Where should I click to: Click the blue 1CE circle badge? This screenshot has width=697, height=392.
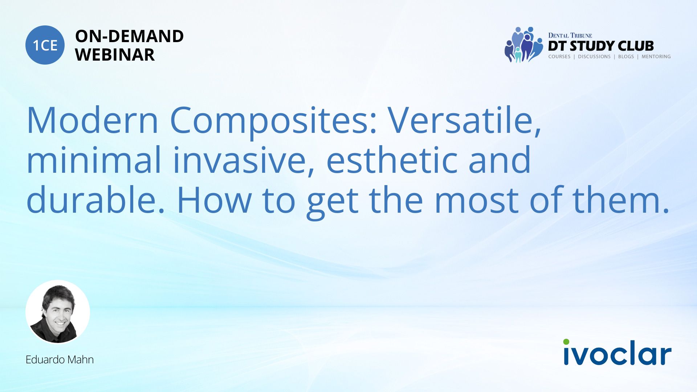point(45,45)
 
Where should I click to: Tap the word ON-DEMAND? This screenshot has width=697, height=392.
point(129,36)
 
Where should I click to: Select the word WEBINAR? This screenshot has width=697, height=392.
point(115,55)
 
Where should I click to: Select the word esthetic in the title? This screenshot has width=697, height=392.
point(392,160)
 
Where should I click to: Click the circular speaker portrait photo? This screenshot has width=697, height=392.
point(58,312)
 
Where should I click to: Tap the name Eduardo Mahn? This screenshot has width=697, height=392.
point(60,360)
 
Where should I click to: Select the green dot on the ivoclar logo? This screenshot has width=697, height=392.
point(566,342)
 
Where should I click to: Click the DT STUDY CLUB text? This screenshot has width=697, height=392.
point(601,46)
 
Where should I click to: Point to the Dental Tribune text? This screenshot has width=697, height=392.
point(570,36)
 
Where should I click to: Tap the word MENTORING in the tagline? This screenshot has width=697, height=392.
point(656,57)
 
